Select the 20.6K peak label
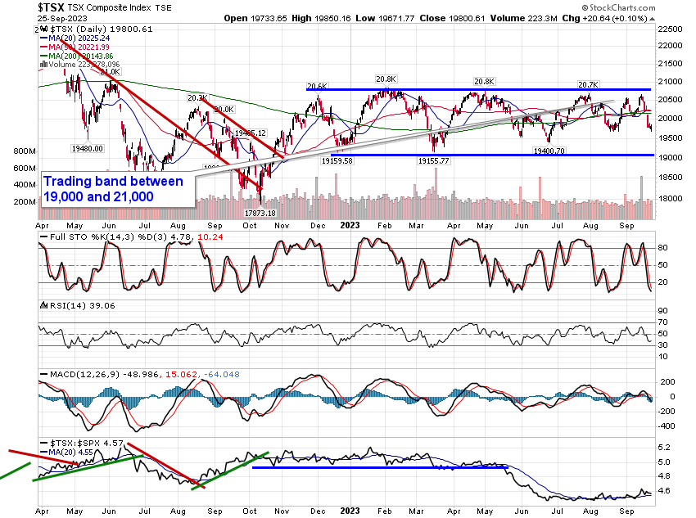317,86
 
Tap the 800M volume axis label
25,151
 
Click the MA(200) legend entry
85,55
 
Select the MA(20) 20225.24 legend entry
82,37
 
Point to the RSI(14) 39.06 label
75,304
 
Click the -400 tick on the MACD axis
667,426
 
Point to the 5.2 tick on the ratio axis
666,448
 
